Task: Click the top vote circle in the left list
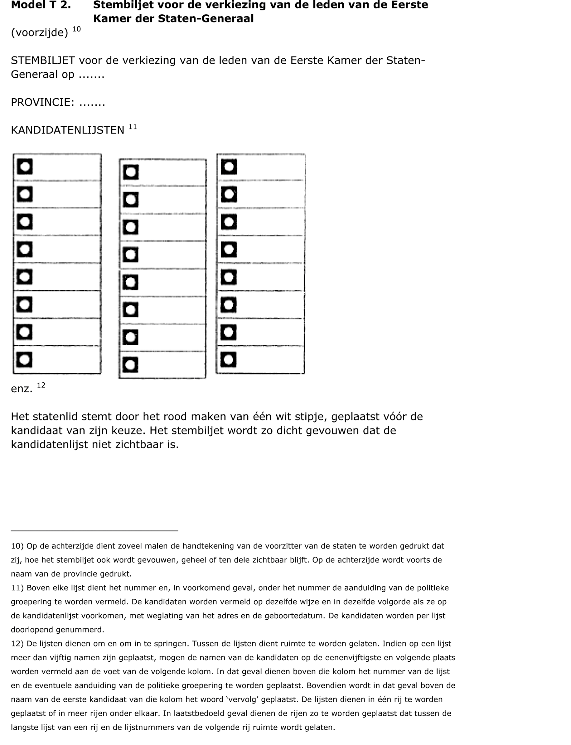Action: pos(25,167)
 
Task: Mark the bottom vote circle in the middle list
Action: pos(131,365)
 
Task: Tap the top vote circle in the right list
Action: pos(229,167)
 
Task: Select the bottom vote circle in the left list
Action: pos(24,360)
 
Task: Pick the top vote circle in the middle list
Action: pos(131,172)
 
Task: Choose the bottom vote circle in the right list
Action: pos(228,360)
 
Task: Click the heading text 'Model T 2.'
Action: pos(41,5)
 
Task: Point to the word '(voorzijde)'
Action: pos(39,33)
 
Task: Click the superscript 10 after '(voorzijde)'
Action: pos(76,29)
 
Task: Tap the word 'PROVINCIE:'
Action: pos(42,102)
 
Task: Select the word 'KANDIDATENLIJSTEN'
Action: pos(68,130)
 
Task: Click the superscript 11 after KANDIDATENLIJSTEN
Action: pos(133,127)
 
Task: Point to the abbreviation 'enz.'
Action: pos(22,389)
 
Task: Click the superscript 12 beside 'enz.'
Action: pos(41,385)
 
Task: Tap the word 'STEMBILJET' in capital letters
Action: pos(43,60)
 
